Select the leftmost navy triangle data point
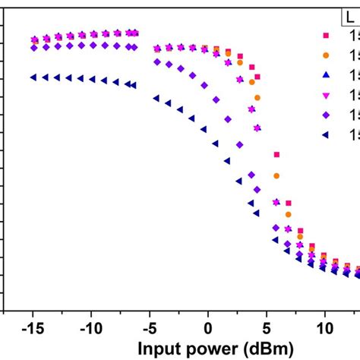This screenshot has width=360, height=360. [x=33, y=77]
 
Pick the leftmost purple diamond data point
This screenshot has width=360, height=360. [x=33, y=48]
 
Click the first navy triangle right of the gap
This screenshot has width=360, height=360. [x=156, y=98]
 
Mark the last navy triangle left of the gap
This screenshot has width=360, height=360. [x=134, y=85]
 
